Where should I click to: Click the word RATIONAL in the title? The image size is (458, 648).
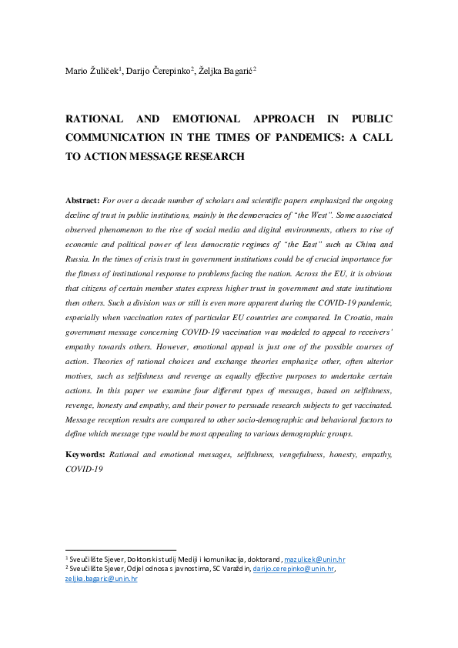(x=94, y=119)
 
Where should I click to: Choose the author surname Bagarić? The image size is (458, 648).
(x=235, y=71)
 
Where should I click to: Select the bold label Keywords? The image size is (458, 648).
(x=86, y=455)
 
